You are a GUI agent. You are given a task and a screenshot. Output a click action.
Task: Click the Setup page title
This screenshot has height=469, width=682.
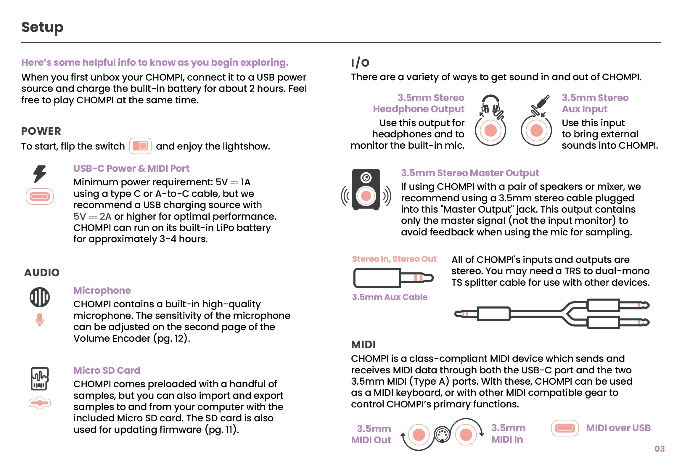(x=42, y=27)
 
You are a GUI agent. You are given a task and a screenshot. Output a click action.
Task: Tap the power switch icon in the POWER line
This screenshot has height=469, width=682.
(x=140, y=146)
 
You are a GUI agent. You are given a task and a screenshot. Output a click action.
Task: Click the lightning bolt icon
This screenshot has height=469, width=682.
(x=40, y=174)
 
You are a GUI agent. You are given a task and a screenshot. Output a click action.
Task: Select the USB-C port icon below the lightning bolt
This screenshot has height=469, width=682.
(x=40, y=196)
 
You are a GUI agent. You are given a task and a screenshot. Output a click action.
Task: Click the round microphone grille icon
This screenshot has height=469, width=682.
(x=40, y=297)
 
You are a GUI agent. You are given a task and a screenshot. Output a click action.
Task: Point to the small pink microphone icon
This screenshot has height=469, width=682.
(x=40, y=319)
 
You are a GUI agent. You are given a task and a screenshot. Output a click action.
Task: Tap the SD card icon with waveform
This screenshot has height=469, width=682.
(x=40, y=378)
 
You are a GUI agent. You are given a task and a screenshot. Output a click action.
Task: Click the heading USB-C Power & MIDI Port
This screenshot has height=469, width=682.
(x=131, y=168)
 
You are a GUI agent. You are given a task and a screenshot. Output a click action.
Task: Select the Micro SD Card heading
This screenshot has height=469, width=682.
(x=107, y=370)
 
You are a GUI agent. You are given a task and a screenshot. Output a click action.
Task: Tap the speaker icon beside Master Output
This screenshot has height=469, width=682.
(x=366, y=189)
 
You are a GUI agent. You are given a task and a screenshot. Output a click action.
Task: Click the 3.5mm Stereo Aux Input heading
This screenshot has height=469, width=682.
(x=595, y=103)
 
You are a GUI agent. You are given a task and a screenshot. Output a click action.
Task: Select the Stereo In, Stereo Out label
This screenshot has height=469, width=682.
(x=394, y=259)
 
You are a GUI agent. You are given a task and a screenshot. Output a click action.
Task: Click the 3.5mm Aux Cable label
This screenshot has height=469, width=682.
(x=390, y=297)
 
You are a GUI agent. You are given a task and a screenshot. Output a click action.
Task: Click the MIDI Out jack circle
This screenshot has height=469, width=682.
(x=419, y=435)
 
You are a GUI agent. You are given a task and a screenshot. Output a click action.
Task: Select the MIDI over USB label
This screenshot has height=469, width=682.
(x=618, y=428)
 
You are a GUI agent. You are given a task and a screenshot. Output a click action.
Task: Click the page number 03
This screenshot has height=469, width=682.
(x=659, y=449)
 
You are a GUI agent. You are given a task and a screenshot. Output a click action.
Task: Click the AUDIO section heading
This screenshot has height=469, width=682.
(x=42, y=272)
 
